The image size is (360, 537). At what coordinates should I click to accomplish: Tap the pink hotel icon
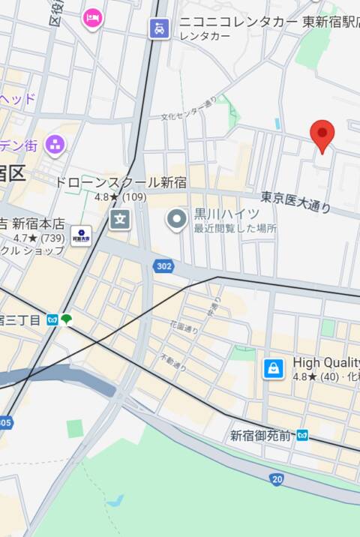coord(92,17)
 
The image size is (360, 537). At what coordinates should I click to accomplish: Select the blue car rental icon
coord(159,28)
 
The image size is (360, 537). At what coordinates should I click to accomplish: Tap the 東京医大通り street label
coord(295,201)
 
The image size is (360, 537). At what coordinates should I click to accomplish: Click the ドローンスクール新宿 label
coord(120,182)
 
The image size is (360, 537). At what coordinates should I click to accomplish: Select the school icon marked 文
coord(120,219)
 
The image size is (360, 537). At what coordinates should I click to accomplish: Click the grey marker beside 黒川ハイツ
coord(177,219)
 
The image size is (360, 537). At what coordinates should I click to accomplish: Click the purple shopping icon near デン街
coord(55,143)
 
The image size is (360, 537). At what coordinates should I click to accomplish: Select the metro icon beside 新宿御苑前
coord(301,435)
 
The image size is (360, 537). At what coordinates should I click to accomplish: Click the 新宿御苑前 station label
coord(262,435)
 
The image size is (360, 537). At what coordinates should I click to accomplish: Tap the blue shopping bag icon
coord(274,368)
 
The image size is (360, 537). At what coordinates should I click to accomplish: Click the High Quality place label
coord(325,362)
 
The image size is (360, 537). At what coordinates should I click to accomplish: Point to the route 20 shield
coord(277,478)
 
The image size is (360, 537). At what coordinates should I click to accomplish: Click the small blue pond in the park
coord(115,500)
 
